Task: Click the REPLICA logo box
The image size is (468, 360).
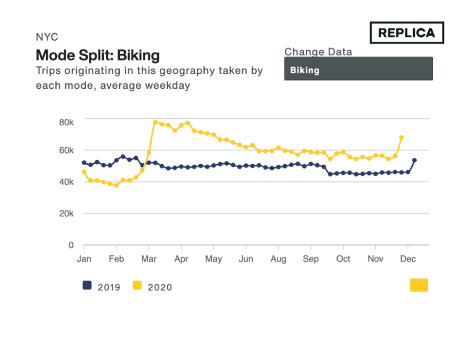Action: [x=407, y=32]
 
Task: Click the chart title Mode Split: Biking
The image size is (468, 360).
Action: [x=98, y=55]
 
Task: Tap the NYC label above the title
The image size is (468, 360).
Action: [x=47, y=37]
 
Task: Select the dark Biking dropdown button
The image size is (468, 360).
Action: [x=358, y=69]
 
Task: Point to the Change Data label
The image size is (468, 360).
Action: [x=318, y=52]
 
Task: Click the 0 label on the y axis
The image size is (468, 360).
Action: [x=71, y=245]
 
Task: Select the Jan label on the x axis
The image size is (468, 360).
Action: [x=84, y=259]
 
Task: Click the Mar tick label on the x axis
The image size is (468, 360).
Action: [x=149, y=259]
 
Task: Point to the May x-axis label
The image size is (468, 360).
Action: [x=213, y=259]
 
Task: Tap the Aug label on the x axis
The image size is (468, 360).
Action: [x=278, y=259]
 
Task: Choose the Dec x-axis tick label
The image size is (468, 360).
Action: [x=408, y=259]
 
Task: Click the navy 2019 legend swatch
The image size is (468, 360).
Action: [x=87, y=285]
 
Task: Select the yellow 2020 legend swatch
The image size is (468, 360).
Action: [x=137, y=285]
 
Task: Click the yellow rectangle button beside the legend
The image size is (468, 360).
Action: [x=419, y=285]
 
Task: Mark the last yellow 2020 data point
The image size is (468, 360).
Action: [x=401, y=137]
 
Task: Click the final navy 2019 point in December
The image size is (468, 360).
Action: [x=415, y=160]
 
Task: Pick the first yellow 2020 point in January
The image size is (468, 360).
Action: [x=84, y=172]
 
